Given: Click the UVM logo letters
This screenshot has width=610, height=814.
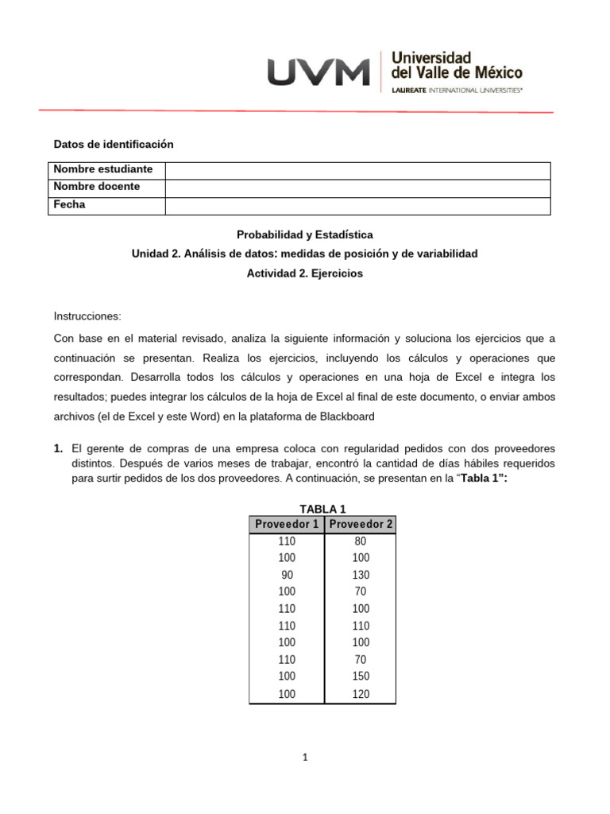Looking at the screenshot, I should coord(319,72).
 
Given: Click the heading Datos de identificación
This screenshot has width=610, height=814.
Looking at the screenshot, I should coord(113,144).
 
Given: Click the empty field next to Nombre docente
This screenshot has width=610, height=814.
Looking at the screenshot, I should coord(357,188).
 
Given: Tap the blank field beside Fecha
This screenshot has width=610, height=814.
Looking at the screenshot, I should coord(357,206).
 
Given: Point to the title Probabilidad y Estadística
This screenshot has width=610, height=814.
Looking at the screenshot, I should coord(305,235).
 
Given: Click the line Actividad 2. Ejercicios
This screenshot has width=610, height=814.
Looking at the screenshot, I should coord(305,273).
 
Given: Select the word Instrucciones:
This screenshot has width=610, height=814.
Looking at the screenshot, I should coord(87,316).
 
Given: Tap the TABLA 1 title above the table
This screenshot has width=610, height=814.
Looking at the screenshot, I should coord(322,509).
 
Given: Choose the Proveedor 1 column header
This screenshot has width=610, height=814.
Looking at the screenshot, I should coord(287,524).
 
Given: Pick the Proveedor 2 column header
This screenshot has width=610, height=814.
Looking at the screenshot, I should coord(361,524).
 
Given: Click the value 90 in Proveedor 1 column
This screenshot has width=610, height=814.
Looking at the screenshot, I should coord(287,575).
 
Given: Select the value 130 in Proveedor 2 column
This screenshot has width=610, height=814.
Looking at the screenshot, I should coord(361,575).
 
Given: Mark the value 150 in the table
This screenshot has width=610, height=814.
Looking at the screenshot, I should coord(361,676).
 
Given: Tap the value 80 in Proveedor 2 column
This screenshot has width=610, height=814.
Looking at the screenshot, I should coord(361,541).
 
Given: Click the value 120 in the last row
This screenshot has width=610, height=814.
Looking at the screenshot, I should coord(361,694).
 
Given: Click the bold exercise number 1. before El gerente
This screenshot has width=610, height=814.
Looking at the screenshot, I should coord(58,449).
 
